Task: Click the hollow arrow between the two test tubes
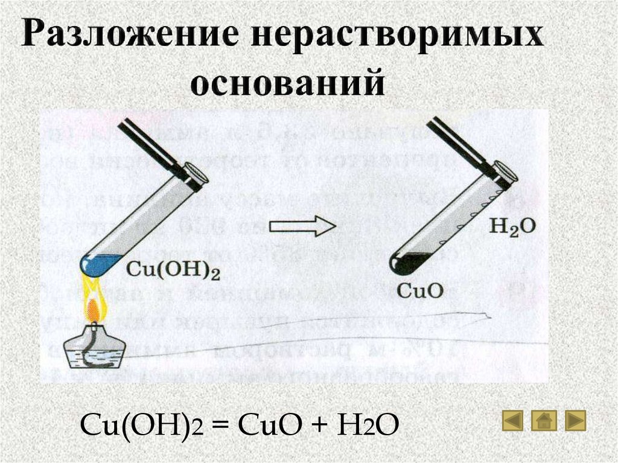301,227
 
